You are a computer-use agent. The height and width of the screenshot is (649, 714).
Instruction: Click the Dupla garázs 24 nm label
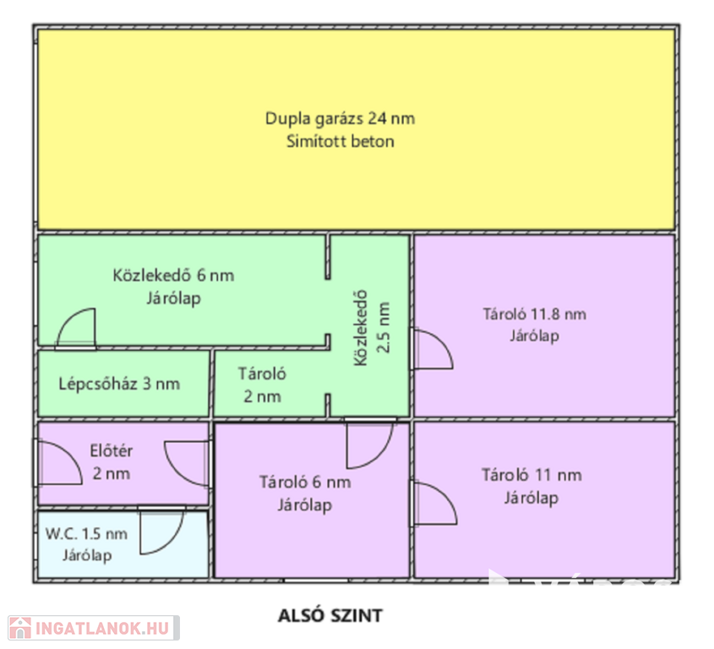click(340, 119)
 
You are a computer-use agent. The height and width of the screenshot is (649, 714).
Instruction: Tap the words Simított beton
click(340, 142)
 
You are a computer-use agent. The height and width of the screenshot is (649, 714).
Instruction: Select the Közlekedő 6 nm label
click(173, 275)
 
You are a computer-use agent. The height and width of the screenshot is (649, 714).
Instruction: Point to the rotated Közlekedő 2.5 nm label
click(372, 328)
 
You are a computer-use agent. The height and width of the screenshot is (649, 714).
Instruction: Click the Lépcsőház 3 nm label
click(119, 384)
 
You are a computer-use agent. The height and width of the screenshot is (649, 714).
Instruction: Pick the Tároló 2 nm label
click(262, 384)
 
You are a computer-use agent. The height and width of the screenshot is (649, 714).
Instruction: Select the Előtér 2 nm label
click(112, 462)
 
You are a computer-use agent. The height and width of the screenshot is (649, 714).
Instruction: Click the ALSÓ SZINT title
click(330, 616)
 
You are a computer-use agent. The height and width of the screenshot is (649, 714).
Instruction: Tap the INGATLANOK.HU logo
click(93, 628)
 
